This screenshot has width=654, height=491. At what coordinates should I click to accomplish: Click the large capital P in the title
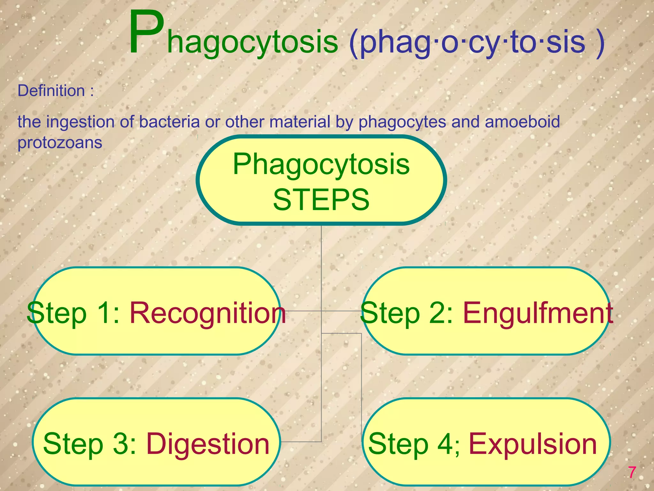[146, 33]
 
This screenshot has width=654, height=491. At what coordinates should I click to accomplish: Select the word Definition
[51, 91]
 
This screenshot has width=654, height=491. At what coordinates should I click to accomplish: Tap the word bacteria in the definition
[169, 122]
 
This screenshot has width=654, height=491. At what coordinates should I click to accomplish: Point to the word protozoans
[60, 143]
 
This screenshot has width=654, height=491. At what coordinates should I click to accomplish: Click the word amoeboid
[522, 122]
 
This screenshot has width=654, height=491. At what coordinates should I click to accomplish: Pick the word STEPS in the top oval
[321, 199]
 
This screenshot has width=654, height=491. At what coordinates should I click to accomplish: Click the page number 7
[632, 472]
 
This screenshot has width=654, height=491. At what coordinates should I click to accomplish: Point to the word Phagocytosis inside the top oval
[321, 164]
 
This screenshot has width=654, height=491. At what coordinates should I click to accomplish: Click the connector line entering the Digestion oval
[300, 442]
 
